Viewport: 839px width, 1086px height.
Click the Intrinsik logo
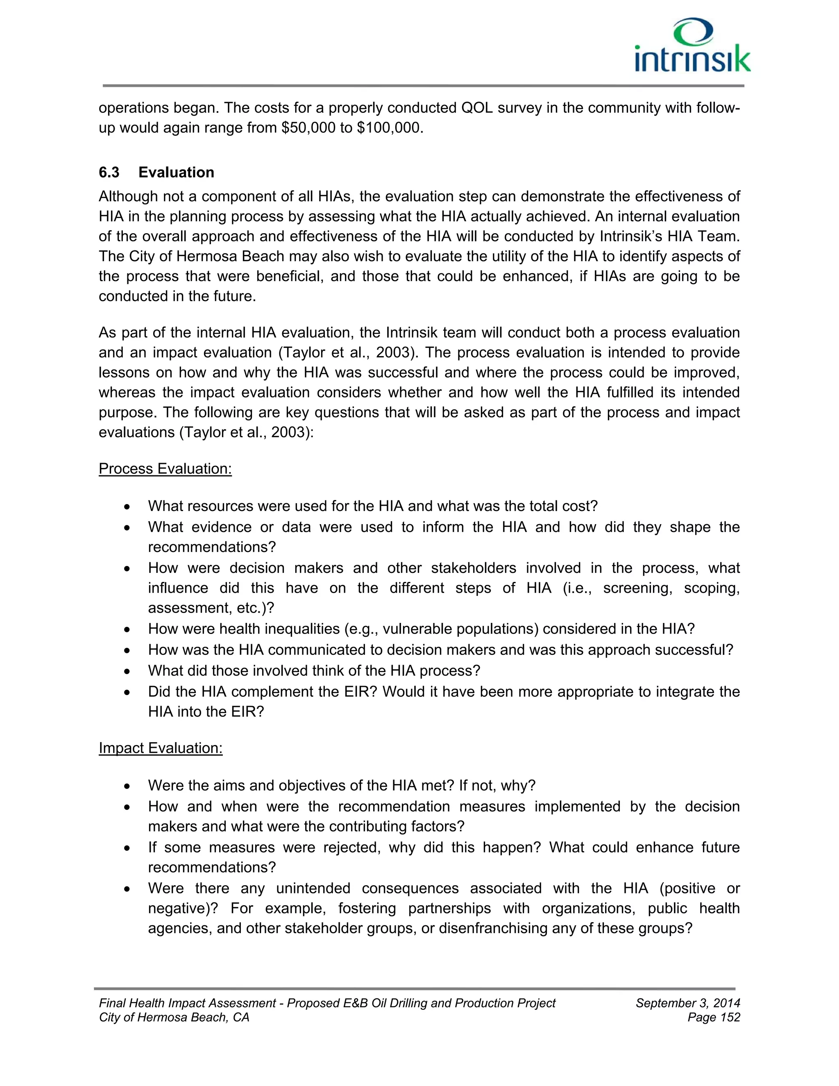pyautogui.click(x=692, y=46)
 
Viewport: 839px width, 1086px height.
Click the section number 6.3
pyautogui.click(x=109, y=173)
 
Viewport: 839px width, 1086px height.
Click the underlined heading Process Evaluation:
pyautogui.click(x=165, y=469)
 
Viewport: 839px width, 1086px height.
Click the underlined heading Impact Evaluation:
pyautogui.click(x=161, y=748)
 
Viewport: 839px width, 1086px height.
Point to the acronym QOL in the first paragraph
pyautogui.click(x=477, y=108)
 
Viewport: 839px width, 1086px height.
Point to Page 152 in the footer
pyautogui.click(x=714, y=1018)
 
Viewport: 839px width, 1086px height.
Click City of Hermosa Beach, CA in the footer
pyautogui.click(x=174, y=1018)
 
